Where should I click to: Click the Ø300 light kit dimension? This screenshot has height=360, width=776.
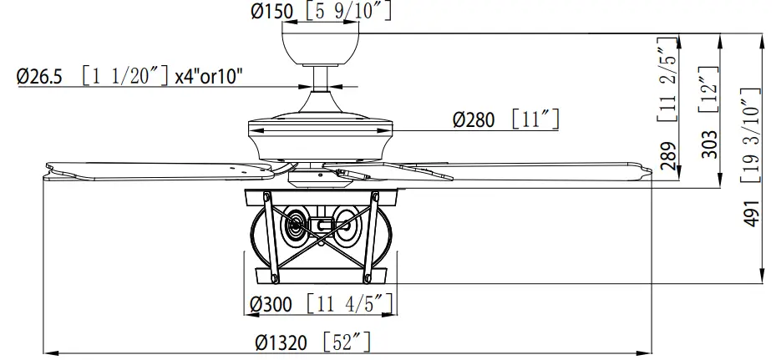(271, 304)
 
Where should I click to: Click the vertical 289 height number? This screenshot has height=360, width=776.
(668, 156)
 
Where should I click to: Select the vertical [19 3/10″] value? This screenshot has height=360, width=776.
(749, 134)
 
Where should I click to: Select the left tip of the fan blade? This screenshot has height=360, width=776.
(47, 170)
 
